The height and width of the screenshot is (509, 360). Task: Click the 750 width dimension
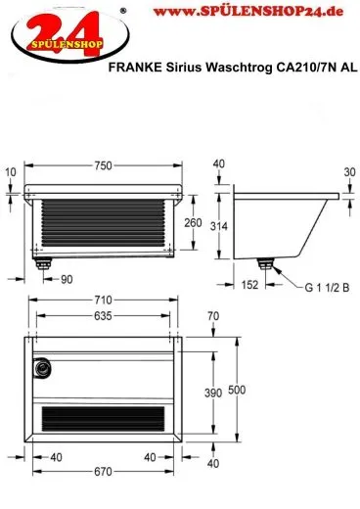[x=103, y=165]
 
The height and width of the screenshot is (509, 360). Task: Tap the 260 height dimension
[x=193, y=223]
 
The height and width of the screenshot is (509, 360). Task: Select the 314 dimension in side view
[x=218, y=226]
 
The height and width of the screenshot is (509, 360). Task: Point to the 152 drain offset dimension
[x=249, y=285]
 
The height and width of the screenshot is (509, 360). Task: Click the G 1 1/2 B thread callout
[x=327, y=288]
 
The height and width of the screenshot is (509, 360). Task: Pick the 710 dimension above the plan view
[x=103, y=300]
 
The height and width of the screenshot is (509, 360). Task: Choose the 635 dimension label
[x=103, y=316]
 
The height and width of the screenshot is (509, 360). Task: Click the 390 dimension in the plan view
[x=213, y=393]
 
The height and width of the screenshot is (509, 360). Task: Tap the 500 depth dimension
[x=237, y=390]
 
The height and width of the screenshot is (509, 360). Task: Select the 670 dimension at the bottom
[x=103, y=472]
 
